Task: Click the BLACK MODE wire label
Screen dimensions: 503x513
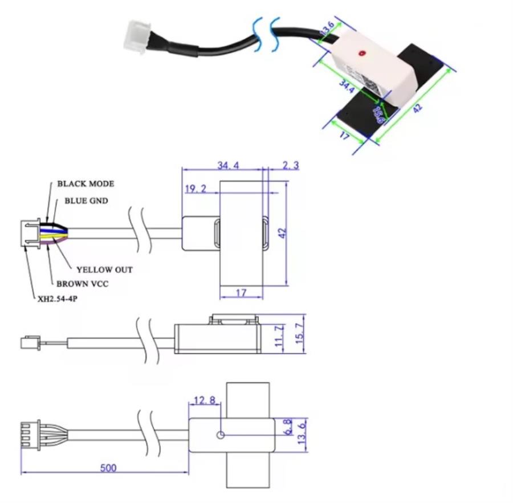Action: tap(85, 184)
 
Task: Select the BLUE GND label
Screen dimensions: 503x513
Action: tap(86, 201)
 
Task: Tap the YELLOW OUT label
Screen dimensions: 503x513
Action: tap(104, 269)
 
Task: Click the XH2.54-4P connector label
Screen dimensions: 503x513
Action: tap(57, 298)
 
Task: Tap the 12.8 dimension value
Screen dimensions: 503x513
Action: tap(204, 400)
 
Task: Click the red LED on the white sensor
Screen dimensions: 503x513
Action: tap(361, 53)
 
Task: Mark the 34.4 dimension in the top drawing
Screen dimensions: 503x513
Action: tap(227, 166)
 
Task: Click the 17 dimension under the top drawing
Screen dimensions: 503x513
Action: tap(241, 293)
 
